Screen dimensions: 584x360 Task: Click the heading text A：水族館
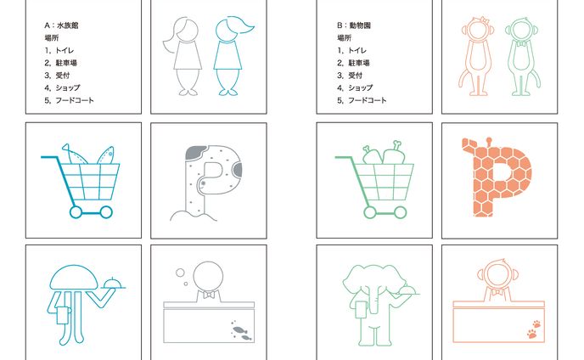pos(61,25)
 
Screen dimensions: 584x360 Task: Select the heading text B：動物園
pos(354,25)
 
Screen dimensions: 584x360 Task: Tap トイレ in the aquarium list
pos(65,50)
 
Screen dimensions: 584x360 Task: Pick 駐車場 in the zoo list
pos(359,63)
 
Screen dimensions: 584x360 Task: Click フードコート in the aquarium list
pos(75,100)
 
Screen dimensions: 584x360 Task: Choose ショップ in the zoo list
pos(360,87)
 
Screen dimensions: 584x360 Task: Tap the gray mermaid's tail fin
pos(188,92)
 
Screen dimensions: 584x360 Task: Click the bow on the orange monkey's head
pos(483,20)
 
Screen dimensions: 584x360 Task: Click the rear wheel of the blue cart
pos(76,212)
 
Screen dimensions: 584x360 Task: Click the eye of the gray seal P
pos(204,183)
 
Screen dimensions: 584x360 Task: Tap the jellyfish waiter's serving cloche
pos(113,284)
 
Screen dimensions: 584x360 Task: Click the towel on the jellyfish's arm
pos(64,315)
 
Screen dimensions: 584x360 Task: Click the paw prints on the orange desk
pos(534,329)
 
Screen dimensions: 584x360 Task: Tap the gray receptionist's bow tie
pos(208,295)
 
